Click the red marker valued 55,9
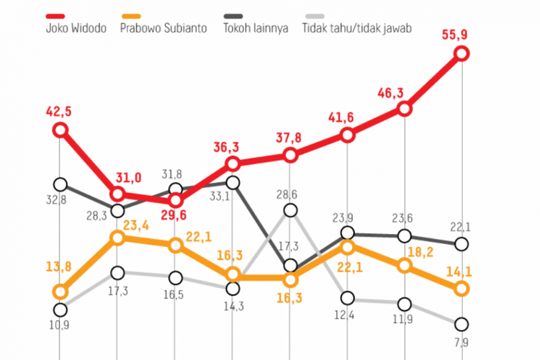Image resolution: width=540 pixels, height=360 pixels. (x=462, y=53)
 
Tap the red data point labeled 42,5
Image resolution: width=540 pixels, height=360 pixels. (x=60, y=130)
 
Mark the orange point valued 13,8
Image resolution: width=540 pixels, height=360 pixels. (x=60, y=292)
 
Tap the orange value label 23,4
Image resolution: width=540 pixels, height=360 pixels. (x=135, y=225)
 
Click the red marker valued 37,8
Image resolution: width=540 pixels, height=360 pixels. (x=290, y=156)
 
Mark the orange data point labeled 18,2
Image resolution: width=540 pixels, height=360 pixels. (x=405, y=266)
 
